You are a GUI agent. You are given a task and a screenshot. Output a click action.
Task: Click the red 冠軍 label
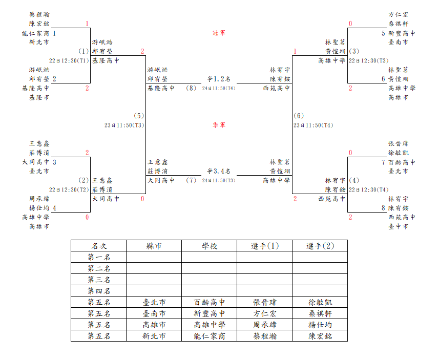(219, 33)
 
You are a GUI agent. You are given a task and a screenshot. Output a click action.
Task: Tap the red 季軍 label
(219, 125)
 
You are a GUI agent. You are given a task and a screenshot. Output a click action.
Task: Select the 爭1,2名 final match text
(219, 79)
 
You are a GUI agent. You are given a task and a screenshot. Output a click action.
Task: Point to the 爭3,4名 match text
(219, 171)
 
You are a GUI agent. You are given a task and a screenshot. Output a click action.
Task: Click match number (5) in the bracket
(139, 116)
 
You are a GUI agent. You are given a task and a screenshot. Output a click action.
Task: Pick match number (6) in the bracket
(299, 116)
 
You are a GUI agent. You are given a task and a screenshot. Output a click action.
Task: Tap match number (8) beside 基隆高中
(191, 88)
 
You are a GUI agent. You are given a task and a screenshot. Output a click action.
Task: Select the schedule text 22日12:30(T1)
(69, 61)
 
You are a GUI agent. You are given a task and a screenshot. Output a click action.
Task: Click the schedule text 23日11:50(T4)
(313, 125)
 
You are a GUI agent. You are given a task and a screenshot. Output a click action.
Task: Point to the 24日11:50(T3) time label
(219, 180)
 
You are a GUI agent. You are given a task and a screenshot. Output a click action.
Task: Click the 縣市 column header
(154, 246)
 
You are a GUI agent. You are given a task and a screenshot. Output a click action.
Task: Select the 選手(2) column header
(320, 246)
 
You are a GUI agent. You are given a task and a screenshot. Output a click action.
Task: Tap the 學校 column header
(210, 246)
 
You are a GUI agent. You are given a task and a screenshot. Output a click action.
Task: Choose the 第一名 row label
(99, 257)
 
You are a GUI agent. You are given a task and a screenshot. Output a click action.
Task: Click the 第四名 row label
(99, 291)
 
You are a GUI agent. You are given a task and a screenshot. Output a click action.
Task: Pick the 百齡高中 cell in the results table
(210, 302)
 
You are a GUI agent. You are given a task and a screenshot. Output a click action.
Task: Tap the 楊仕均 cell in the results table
(320, 325)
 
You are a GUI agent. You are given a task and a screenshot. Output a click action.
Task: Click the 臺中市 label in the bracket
(398, 226)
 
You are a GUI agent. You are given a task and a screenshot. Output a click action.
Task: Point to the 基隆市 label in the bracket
(39, 97)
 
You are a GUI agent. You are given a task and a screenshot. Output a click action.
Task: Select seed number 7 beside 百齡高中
(383, 162)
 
